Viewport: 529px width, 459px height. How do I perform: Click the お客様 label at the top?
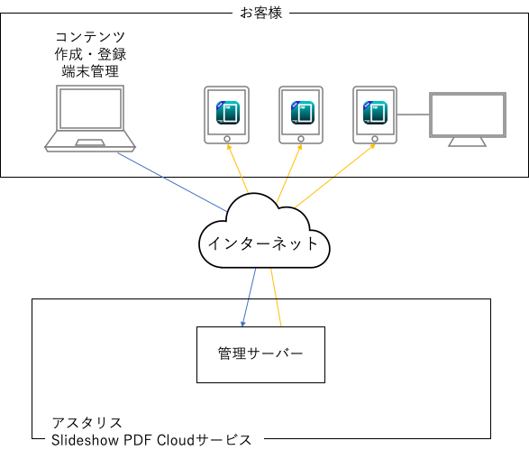tap(261, 13)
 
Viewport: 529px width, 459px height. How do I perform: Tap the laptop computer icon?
tap(90, 118)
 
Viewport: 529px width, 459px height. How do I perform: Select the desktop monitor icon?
tap(468, 119)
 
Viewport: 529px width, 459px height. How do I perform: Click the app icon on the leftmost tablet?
tap(228, 113)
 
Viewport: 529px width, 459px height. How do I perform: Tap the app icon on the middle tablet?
tap(302, 113)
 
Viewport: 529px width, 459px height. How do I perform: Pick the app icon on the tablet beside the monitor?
tap(375, 113)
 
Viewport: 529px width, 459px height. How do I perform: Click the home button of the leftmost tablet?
tap(227, 139)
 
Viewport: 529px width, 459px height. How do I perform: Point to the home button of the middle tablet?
tap(301, 139)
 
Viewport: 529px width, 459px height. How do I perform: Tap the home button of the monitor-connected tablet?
tap(375, 139)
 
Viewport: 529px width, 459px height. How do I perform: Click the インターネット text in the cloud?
tap(263, 243)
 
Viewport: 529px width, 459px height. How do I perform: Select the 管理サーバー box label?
tap(260, 353)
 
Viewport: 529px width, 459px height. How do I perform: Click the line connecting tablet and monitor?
tap(413, 115)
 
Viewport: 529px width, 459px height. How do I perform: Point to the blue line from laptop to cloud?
tap(172, 182)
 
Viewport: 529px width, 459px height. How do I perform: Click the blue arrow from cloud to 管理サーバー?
tap(249, 298)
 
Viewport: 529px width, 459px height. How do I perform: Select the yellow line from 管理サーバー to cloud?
tap(276, 298)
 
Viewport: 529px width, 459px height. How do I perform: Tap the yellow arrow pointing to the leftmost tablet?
tap(238, 169)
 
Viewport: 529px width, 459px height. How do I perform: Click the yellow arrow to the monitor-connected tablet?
tap(334, 176)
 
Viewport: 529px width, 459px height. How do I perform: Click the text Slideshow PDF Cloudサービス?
tap(151, 440)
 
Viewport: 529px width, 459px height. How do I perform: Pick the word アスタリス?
tap(87, 423)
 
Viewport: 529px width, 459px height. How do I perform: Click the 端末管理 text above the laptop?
tap(90, 71)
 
